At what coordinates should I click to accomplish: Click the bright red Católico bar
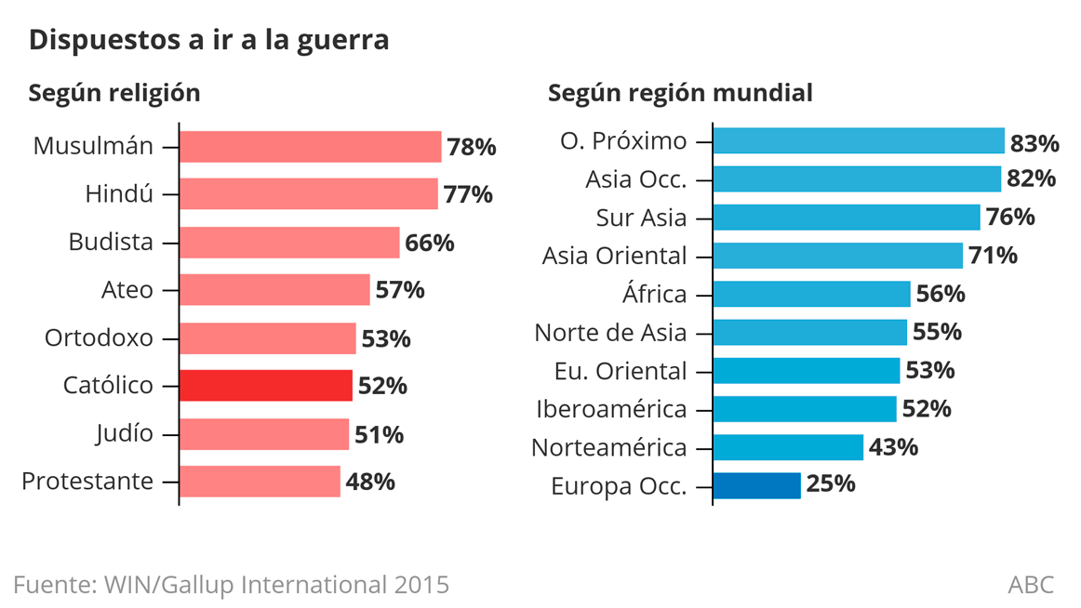265,385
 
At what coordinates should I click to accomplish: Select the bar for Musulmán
310,147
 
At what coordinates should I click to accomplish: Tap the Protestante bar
260,482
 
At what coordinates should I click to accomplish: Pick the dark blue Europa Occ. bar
756,485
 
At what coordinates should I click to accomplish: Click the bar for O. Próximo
859,141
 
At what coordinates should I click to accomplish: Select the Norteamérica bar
788,447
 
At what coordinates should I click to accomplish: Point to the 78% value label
471,147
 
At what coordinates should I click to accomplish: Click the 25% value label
831,484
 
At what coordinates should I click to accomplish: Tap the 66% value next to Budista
430,243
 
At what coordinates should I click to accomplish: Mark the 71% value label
993,255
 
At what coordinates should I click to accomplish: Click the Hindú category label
119,194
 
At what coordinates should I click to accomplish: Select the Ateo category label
127,290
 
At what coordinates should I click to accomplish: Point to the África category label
654,295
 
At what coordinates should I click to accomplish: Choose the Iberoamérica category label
611,409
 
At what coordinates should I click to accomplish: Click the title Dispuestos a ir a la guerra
209,41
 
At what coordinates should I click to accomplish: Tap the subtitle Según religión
114,93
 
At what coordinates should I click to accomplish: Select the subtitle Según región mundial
680,93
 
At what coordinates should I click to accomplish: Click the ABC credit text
1031,585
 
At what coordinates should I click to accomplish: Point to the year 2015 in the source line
421,585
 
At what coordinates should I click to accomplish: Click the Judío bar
263,433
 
